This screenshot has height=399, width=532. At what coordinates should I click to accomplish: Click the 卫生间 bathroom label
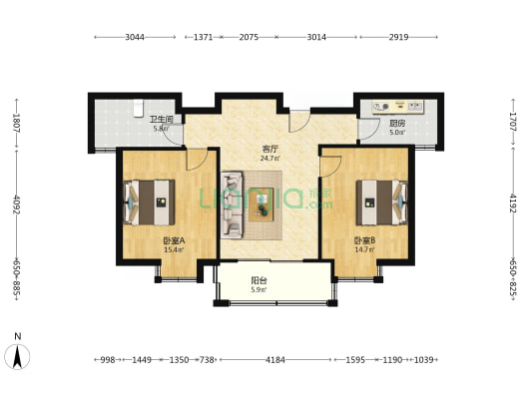click(162, 119)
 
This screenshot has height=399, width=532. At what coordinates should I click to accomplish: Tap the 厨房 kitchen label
click(397, 123)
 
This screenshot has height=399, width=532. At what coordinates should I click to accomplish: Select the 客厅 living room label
click(270, 149)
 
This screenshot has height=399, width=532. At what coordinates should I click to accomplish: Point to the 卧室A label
click(174, 240)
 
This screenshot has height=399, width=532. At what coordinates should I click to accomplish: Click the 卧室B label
click(364, 240)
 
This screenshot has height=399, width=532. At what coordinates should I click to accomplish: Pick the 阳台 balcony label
click(259, 280)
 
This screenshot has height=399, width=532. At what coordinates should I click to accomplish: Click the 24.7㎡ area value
click(270, 158)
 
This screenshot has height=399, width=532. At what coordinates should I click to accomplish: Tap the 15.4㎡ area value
click(174, 250)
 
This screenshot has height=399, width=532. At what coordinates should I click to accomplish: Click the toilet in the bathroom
click(138, 108)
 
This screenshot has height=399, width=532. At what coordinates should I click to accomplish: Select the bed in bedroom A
click(150, 202)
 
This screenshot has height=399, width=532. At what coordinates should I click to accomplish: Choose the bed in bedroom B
click(381, 202)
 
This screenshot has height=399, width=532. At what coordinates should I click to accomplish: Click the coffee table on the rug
click(262, 204)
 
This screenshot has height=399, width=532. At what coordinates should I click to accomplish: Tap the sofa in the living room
click(233, 204)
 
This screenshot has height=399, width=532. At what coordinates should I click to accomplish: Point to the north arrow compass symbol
click(17, 356)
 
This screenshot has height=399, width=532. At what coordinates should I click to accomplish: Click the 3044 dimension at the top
click(135, 37)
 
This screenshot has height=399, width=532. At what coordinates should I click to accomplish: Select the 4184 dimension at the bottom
click(275, 359)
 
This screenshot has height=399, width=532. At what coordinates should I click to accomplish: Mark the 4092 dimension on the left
click(16, 204)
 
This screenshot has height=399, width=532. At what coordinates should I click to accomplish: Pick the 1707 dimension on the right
click(513, 122)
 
